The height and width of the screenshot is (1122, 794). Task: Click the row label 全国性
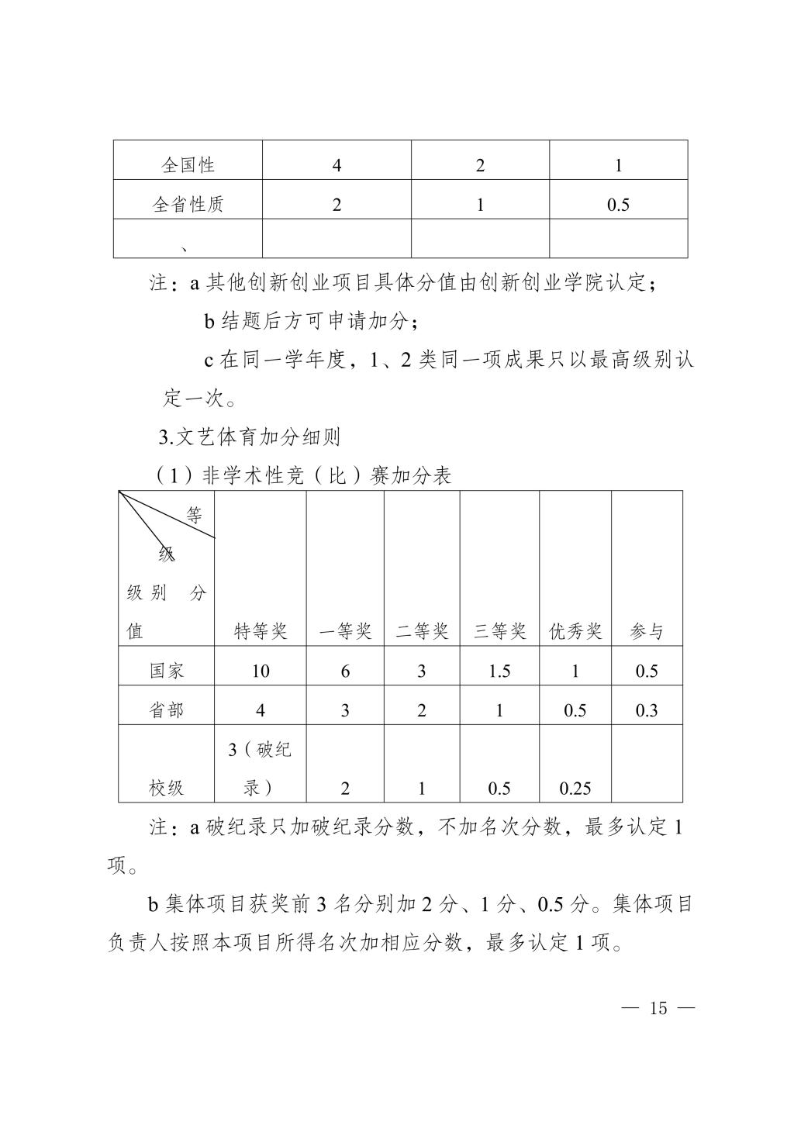point(188,165)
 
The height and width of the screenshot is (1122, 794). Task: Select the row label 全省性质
point(188,205)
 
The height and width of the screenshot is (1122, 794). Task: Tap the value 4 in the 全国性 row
point(336,165)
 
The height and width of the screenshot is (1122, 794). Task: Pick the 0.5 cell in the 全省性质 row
point(618,205)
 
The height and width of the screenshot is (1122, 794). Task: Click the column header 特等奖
point(261,631)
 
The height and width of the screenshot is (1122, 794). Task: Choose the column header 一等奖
point(345,631)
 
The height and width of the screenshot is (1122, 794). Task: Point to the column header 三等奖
point(499,631)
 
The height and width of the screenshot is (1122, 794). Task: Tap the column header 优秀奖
point(575,631)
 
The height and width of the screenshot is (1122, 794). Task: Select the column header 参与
point(647,631)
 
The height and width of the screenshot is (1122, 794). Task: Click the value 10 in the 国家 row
point(261,671)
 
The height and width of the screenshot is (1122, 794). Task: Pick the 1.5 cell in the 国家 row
point(499,671)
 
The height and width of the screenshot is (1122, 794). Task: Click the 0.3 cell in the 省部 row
point(647,711)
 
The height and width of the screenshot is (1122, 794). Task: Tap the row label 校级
point(167,789)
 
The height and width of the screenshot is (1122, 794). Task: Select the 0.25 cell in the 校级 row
point(575,789)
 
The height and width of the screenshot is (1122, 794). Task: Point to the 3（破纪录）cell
point(260,769)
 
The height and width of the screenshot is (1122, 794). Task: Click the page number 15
point(658,1008)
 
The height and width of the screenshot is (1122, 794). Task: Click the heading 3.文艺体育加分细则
point(250,437)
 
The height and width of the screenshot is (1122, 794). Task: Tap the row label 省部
point(167,711)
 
